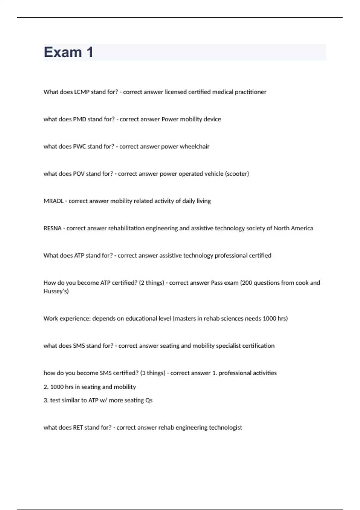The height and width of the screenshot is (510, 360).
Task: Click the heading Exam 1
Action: point(68,52)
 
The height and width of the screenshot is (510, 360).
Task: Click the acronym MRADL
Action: point(53,201)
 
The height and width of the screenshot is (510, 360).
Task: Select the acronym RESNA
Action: point(52,228)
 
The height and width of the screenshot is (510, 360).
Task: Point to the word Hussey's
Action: point(56,291)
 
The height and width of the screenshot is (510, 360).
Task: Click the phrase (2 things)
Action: point(151,283)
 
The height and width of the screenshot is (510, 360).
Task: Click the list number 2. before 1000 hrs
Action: point(46,387)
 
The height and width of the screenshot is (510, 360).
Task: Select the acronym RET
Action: point(78,427)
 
